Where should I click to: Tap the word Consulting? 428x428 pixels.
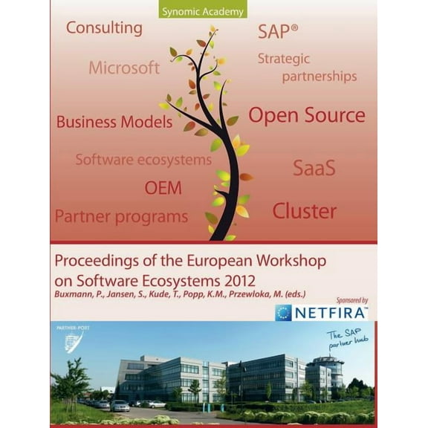pos(104,28)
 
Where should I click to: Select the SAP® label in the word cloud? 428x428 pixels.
pos(278,31)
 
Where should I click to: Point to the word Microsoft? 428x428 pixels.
pos(124,68)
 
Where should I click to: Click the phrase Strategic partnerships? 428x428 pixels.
pos(306,67)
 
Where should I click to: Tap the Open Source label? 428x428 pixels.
pos(306,115)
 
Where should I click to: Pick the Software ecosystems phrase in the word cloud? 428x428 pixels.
pos(143,159)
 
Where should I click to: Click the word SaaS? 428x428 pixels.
pos(314,167)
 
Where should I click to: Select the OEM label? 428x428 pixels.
pos(163,187)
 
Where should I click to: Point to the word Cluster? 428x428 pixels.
pos(305,211)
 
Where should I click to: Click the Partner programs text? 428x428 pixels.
pos(121,217)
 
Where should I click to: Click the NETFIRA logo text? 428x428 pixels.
pos(331,312)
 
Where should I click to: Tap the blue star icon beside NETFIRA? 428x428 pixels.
pos(283,313)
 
